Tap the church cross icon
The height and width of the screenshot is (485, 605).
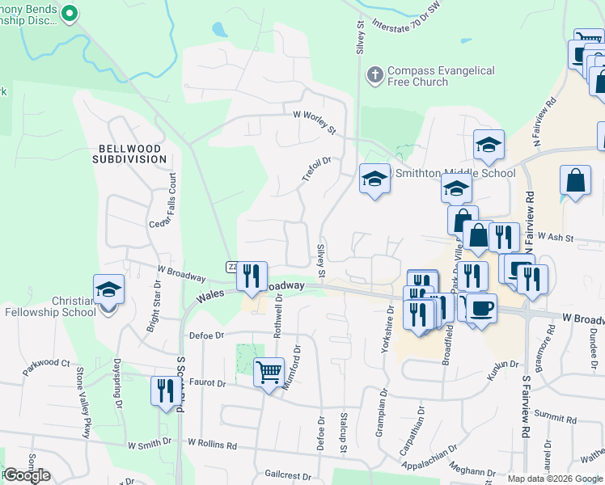(x=374, y=75)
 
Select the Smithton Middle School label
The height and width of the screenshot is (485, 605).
(x=454, y=173)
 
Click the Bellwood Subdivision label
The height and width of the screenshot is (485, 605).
(x=133, y=154)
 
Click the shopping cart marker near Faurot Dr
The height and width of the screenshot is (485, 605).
(x=269, y=373)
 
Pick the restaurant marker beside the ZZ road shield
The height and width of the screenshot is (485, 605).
(x=252, y=276)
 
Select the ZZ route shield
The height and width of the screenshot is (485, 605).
(x=231, y=267)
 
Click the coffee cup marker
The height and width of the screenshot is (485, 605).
(x=482, y=308)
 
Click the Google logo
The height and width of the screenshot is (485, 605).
(x=27, y=475)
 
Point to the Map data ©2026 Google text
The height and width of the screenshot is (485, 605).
(x=556, y=479)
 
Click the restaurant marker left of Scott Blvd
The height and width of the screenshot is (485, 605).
(x=163, y=391)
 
